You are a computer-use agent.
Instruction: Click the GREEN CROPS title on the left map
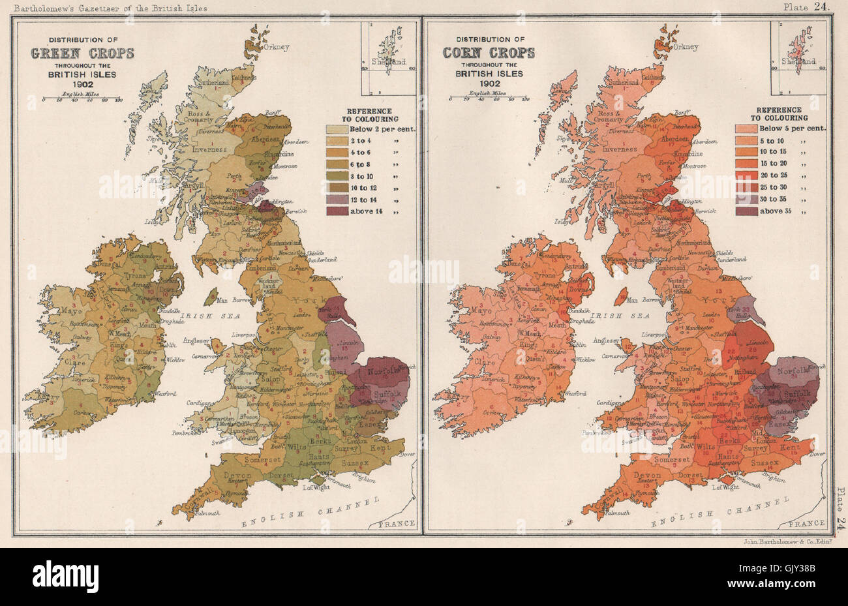83,53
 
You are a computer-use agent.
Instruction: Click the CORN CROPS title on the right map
489,53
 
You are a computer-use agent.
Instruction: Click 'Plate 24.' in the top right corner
808,7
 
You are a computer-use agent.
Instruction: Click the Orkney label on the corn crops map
686,47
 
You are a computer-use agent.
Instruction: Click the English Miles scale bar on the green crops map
83,100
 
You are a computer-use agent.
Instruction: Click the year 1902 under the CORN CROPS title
489,83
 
